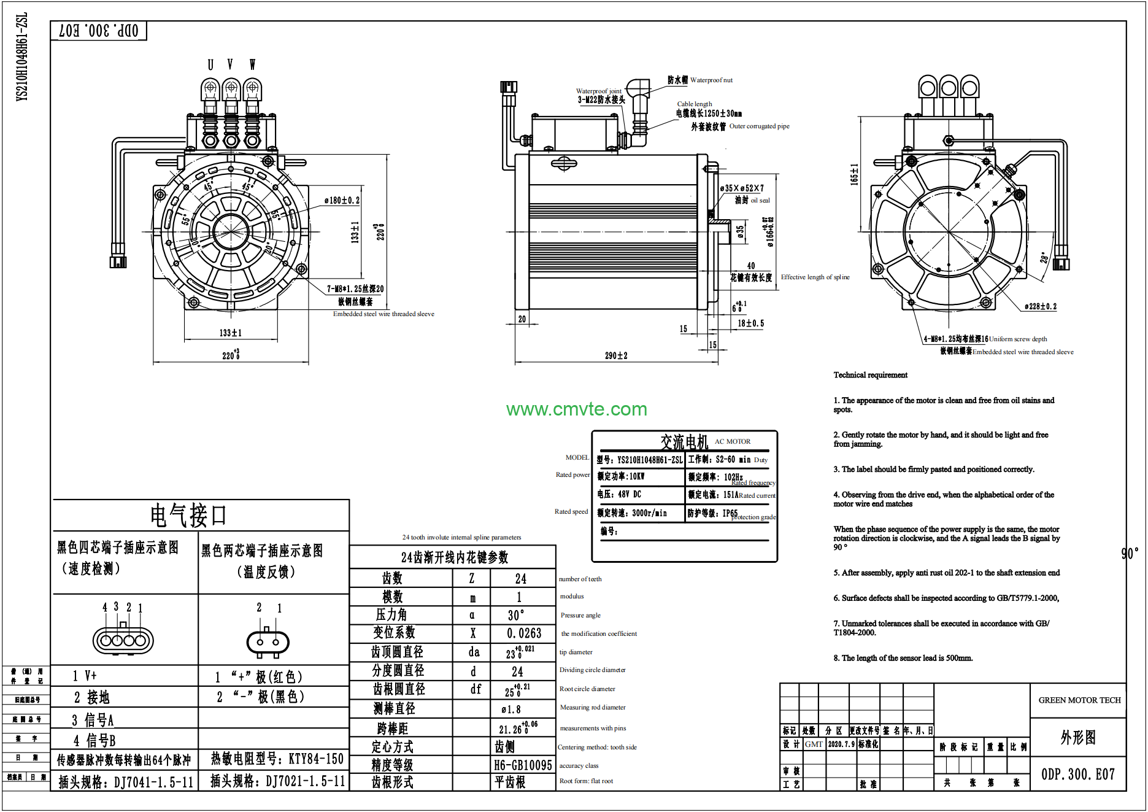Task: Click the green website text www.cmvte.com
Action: pos(576,409)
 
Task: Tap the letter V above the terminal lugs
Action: pos(230,64)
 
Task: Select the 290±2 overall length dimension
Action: pos(616,355)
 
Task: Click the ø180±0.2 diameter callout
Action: pos(342,200)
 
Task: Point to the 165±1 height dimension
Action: pos(853,174)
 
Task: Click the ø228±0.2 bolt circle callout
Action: pos(1040,306)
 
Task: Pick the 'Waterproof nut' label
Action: pos(711,80)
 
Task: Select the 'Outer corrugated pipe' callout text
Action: pos(759,126)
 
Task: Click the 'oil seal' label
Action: pos(760,200)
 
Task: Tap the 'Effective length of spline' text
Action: pos(815,277)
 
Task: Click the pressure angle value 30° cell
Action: pos(516,615)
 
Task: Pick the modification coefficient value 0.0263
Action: pos(524,633)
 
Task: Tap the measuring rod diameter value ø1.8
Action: pos(510,710)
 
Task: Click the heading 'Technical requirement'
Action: pos(870,375)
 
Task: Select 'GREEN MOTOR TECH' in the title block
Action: pos(1079,700)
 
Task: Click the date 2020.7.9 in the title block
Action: pos(841,744)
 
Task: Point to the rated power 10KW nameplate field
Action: pos(621,476)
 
